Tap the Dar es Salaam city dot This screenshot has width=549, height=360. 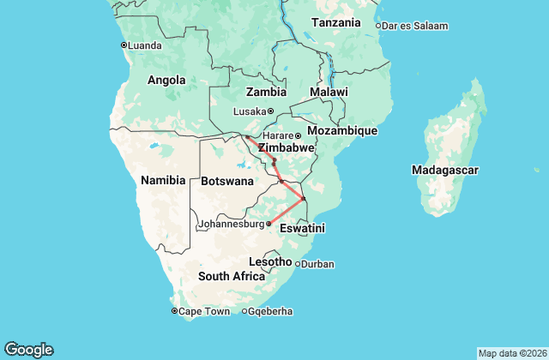click(378, 26)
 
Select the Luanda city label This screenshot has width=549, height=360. click(144, 45)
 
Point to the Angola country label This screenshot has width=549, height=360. click(166, 81)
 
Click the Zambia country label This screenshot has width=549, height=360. click(266, 92)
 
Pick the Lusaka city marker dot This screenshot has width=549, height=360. click(270, 111)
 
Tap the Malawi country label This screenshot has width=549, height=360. click(329, 92)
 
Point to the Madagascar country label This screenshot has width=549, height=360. click(444, 171)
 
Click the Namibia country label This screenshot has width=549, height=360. click(163, 180)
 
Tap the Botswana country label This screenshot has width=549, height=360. click(227, 182)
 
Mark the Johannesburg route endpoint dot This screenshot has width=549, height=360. click(268, 224)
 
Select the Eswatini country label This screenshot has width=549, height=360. click(302, 228)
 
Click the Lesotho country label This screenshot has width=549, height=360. click(270, 261)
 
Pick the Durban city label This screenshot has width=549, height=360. click(318, 264)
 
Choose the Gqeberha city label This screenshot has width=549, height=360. click(271, 311)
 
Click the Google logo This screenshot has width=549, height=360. click(29, 349)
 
